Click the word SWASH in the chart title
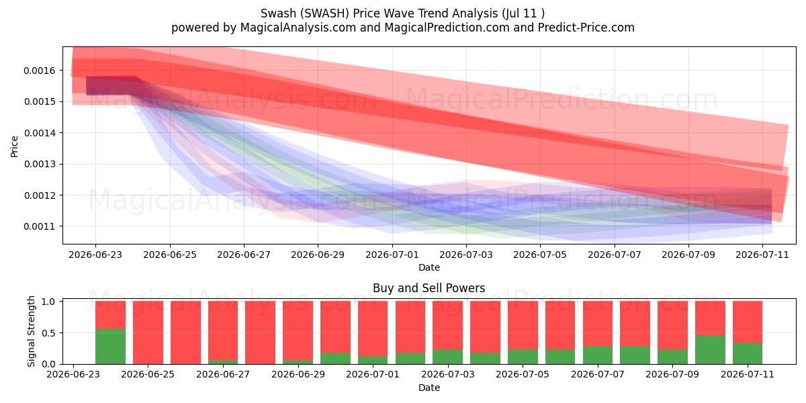[326, 13]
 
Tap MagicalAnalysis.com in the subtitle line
[298, 28]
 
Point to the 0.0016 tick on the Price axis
[40, 71]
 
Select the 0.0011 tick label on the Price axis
[40, 227]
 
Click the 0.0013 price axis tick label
[40, 164]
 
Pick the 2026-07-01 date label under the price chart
[392, 255]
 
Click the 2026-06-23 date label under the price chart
[95, 255]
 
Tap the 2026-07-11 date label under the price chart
[762, 255]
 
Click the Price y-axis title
[14, 146]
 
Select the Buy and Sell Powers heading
[429, 288]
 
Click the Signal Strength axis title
[31, 331]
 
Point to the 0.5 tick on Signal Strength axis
[48, 333]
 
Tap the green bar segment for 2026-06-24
[110, 347]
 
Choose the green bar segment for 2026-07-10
[711, 350]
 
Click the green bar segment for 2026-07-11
[748, 354]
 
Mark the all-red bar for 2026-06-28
[260, 332]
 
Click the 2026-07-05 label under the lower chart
[523, 374]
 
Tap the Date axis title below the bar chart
[429, 388]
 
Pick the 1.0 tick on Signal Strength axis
[48, 302]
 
